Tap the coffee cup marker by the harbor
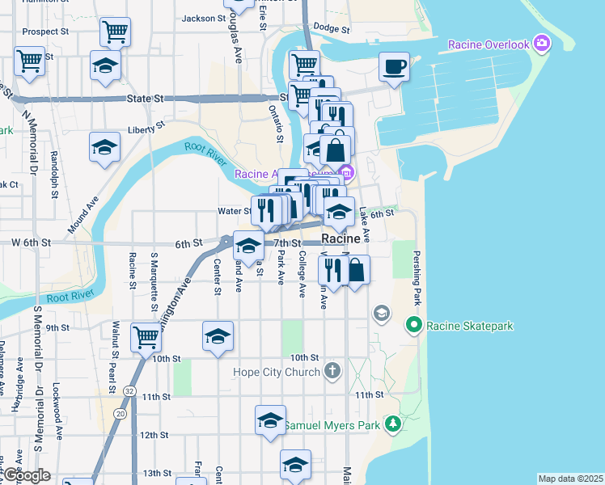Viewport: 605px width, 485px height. [394, 67]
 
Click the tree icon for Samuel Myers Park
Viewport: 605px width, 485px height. [393, 424]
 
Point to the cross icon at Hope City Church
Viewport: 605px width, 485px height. [331, 371]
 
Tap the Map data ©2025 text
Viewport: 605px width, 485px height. [570, 479]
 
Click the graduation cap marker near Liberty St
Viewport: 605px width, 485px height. [105, 147]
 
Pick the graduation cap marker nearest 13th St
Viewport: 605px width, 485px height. [295, 464]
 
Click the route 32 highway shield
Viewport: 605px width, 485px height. [129, 390]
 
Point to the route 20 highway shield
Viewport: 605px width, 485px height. [120, 414]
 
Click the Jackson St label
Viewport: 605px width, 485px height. [202, 18]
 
